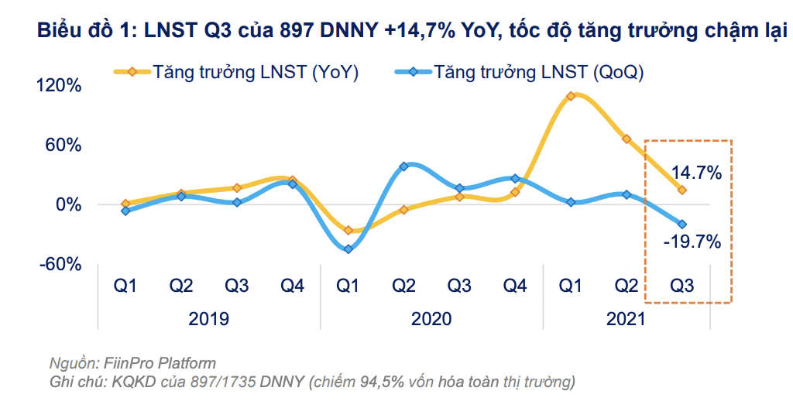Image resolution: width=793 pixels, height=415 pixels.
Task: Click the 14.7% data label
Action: [x=697, y=173]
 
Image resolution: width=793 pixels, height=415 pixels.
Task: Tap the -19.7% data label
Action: [x=692, y=242]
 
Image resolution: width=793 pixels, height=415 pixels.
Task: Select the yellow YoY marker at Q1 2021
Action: [x=571, y=96]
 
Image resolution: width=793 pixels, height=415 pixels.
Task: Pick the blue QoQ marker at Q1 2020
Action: [x=348, y=249]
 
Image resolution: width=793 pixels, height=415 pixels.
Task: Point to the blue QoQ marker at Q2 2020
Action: [x=403, y=166]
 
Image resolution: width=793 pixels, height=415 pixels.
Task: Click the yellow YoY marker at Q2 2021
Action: [x=627, y=139]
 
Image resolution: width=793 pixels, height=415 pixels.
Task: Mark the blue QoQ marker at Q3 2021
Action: [x=682, y=224]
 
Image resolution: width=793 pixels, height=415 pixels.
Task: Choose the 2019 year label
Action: [x=209, y=319]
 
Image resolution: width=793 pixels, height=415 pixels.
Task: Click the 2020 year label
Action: [x=431, y=319]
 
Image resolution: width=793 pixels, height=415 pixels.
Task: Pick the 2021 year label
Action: [x=626, y=319]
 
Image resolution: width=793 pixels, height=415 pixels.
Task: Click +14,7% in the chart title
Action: [x=421, y=33]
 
